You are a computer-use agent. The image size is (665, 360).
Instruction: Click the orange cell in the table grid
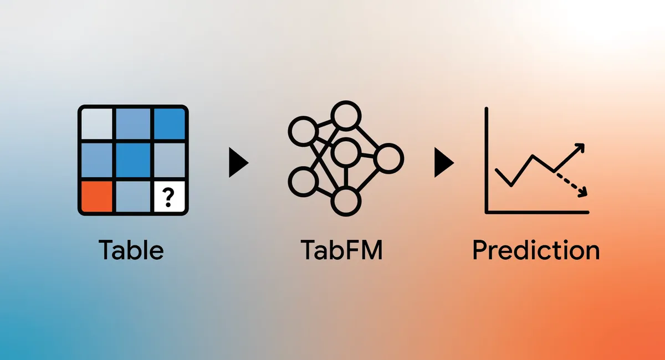(x=97, y=197)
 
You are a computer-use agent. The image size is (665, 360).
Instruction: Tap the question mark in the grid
(x=168, y=197)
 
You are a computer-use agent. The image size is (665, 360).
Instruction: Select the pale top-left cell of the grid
(x=97, y=124)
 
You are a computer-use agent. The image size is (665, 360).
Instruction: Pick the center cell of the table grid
(x=133, y=160)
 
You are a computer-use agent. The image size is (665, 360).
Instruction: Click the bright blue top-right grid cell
(x=170, y=124)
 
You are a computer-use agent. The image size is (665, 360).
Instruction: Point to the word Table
(x=131, y=250)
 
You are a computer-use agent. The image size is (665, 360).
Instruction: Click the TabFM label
(x=342, y=250)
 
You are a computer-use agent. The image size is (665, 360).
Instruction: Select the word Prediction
(x=536, y=250)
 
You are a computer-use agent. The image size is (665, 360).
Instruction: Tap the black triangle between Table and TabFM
(x=239, y=163)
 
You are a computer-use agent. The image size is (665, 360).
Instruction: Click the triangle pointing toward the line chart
(x=444, y=163)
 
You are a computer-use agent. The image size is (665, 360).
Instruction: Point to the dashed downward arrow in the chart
(x=571, y=184)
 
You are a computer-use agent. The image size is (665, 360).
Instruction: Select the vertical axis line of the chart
(x=487, y=160)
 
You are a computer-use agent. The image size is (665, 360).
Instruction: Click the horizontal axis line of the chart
(x=537, y=212)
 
